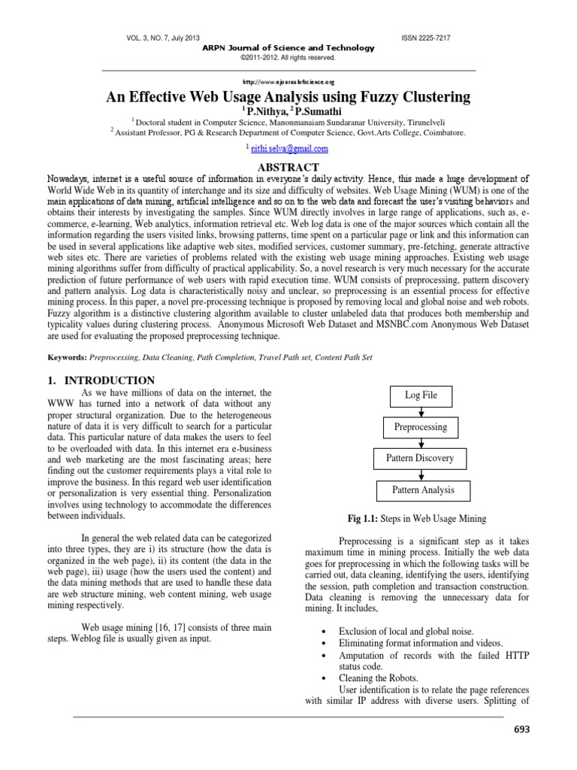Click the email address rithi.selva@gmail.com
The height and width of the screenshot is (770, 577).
pyautogui.click(x=289, y=149)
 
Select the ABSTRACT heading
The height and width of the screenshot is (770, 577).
pyautogui.click(x=288, y=167)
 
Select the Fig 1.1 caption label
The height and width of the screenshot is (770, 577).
pyautogui.click(x=364, y=519)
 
